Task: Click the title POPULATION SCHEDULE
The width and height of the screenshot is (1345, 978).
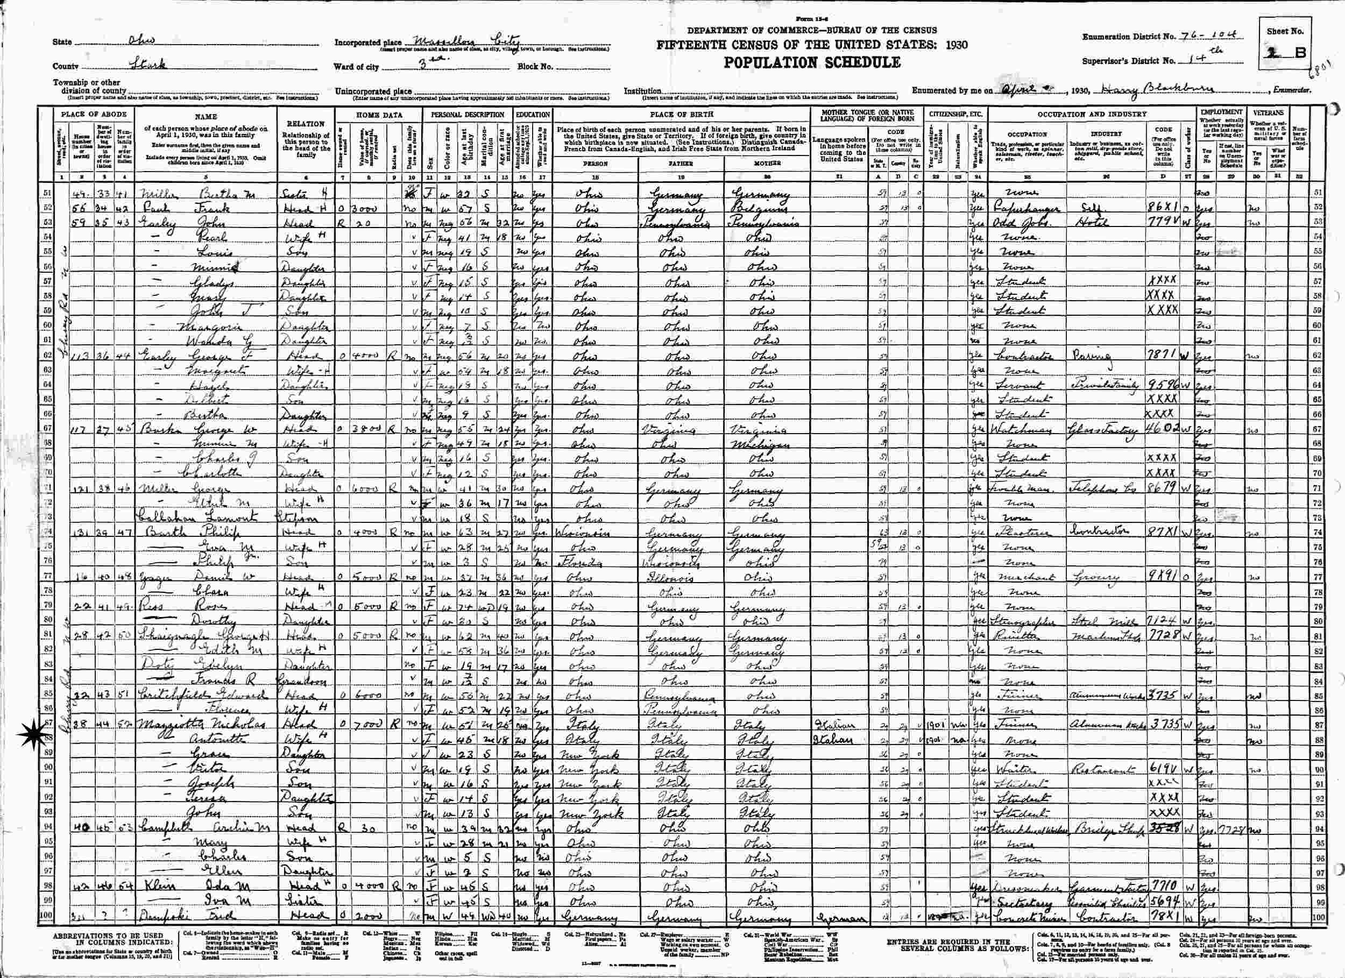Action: click(x=811, y=62)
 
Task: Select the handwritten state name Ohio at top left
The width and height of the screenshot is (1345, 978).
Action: click(x=141, y=40)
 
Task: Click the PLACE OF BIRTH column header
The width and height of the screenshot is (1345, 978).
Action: click(x=681, y=114)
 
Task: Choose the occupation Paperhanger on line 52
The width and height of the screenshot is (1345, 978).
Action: click(x=1024, y=208)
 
